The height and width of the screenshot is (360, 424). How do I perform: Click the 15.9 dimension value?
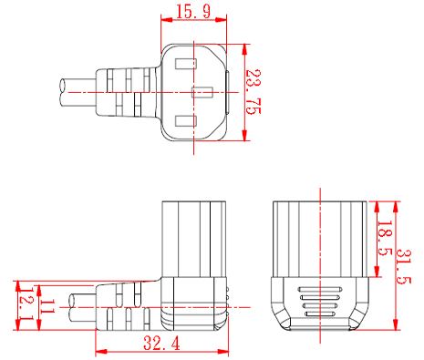tap(193, 12)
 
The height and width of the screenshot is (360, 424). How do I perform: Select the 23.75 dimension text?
tap(253, 92)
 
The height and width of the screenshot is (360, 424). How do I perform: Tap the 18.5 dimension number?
tap(385, 238)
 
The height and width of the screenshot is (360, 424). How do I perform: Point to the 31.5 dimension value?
tap(403, 267)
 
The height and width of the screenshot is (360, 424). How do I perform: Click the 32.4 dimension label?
tap(161, 344)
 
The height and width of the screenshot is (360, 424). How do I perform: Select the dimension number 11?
tap(47, 306)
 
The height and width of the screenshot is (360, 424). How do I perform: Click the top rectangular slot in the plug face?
tap(185, 64)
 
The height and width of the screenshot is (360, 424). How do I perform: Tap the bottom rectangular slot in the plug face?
tap(185, 121)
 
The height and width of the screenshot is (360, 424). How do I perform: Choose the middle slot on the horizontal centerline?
tap(202, 92)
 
